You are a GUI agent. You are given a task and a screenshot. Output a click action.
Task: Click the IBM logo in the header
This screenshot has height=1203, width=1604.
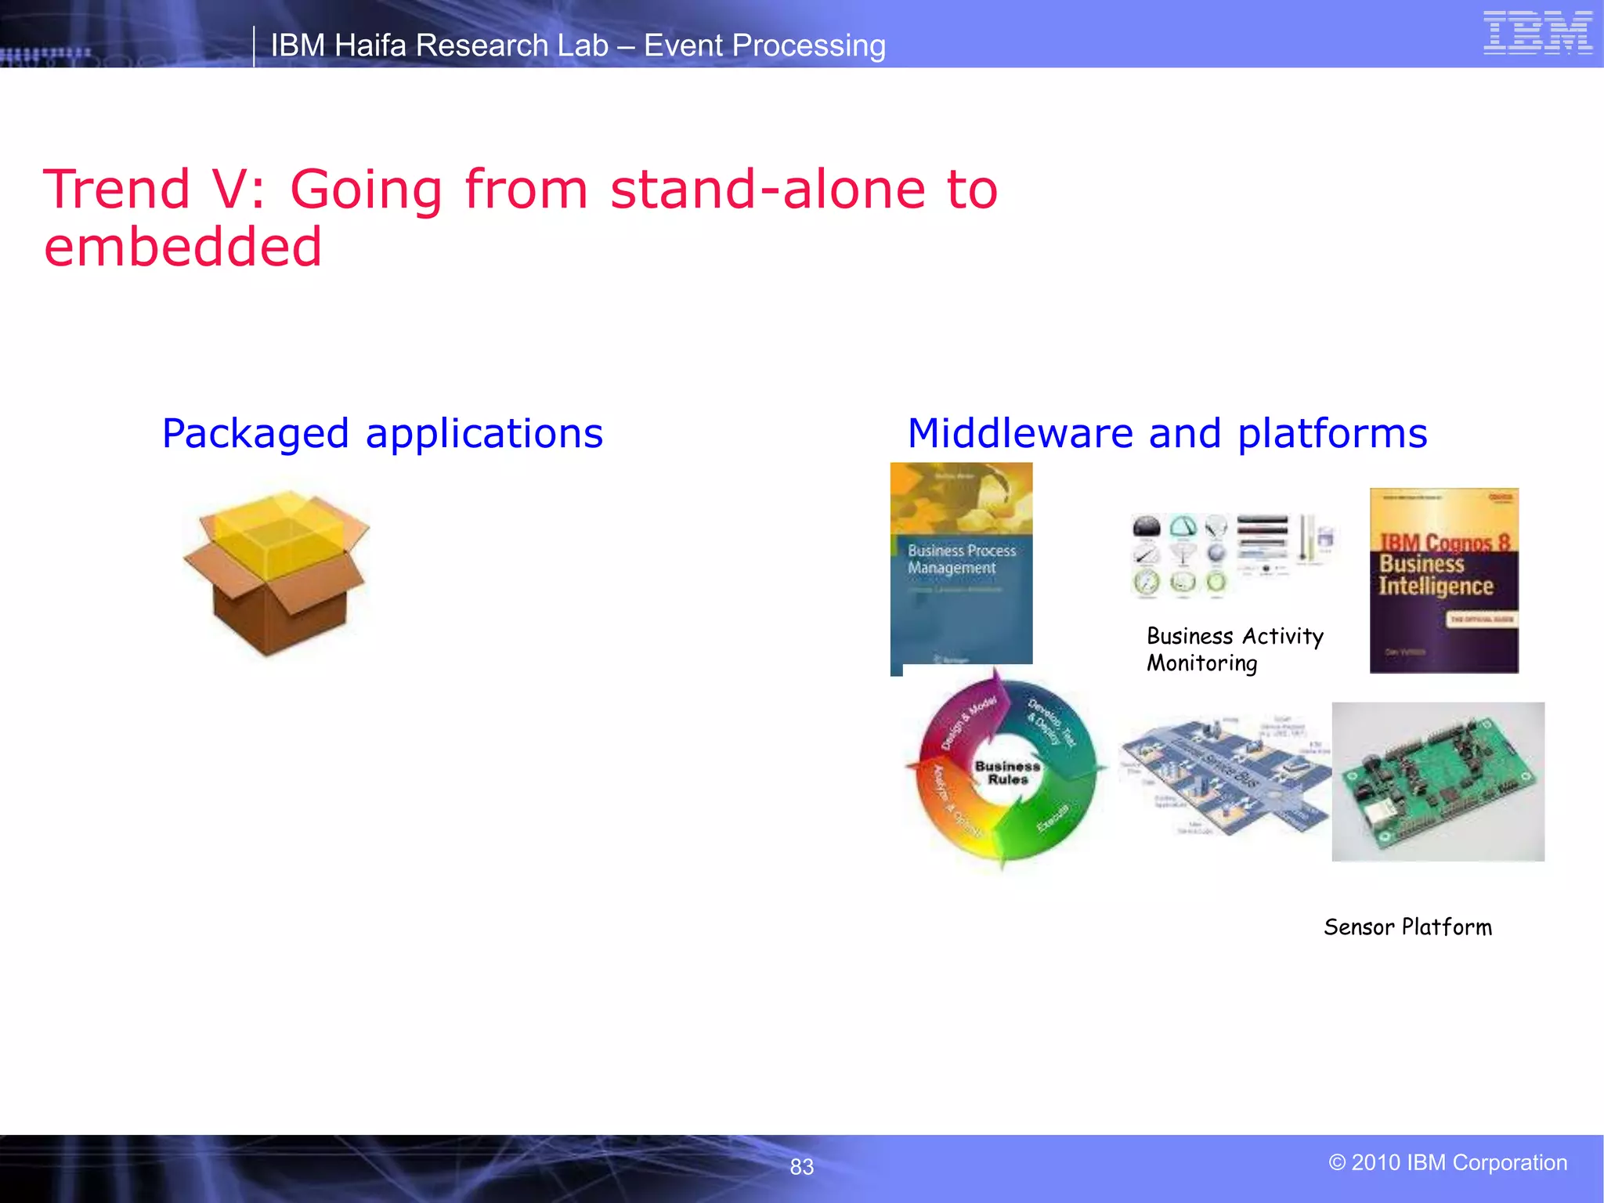tap(1537, 33)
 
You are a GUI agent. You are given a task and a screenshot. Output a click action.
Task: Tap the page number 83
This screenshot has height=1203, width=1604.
tap(801, 1167)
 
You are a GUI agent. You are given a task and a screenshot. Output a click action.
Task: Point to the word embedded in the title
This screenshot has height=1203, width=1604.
tap(182, 247)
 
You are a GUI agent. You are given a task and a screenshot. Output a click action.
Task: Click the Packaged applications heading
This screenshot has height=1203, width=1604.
tap(382, 433)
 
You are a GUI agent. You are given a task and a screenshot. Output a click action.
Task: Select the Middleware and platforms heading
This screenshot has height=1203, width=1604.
tap(1167, 433)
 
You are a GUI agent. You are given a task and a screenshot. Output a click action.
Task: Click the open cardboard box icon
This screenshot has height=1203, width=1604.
tap(276, 573)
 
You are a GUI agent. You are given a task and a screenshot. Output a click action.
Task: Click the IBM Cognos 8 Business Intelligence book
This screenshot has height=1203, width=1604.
tap(1443, 580)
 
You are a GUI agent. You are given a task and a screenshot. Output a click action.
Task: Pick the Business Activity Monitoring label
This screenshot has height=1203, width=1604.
tap(1234, 649)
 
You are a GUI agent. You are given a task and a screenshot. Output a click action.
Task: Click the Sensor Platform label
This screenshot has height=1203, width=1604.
tap(1407, 927)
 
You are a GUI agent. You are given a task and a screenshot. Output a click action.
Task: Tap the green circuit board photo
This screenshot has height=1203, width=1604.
tap(1438, 782)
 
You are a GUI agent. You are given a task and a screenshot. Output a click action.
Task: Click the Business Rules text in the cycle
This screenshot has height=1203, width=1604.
tap(1007, 772)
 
